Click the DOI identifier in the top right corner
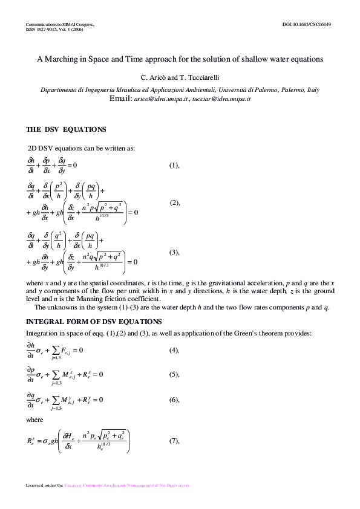point(307,24)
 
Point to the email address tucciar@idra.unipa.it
point(221,98)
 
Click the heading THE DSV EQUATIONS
point(67,129)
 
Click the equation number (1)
point(174,165)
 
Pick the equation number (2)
point(175,203)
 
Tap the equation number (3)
point(175,252)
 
